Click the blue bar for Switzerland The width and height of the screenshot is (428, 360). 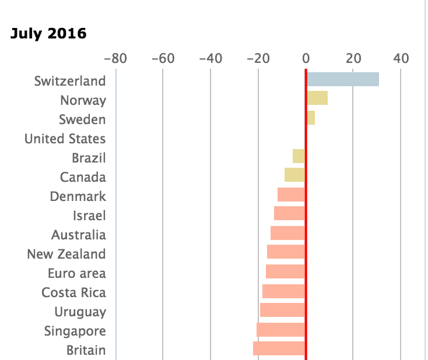pyautogui.click(x=343, y=79)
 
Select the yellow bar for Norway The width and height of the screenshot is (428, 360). pyautogui.click(x=317, y=98)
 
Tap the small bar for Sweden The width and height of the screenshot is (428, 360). pyautogui.click(x=311, y=118)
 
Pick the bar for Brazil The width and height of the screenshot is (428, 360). pyautogui.click(x=299, y=156)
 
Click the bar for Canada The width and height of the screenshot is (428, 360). pyautogui.click(x=294, y=175)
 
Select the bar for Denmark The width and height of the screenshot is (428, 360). pyautogui.click(x=291, y=195)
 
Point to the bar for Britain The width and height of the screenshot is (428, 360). pyautogui.click(x=279, y=348)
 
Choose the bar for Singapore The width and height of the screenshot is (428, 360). pyautogui.click(x=280, y=330)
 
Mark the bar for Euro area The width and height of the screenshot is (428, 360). pyautogui.click(x=285, y=271)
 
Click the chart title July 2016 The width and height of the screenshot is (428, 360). pyautogui.click(x=48, y=33)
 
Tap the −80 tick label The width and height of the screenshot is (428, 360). pyautogui.click(x=115, y=58)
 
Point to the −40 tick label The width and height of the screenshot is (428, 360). pyautogui.click(x=211, y=58)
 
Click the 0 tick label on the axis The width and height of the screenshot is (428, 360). pyautogui.click(x=306, y=58)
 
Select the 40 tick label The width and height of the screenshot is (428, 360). pyautogui.click(x=401, y=58)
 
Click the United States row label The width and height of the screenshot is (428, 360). pyautogui.click(x=65, y=139)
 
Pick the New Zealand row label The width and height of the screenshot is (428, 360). pyautogui.click(x=66, y=254)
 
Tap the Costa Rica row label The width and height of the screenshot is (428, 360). pyautogui.click(x=73, y=292)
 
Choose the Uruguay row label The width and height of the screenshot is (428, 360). pyautogui.click(x=80, y=312)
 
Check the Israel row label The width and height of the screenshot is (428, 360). pyautogui.click(x=89, y=216)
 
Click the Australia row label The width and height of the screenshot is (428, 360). pyautogui.click(x=79, y=235)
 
